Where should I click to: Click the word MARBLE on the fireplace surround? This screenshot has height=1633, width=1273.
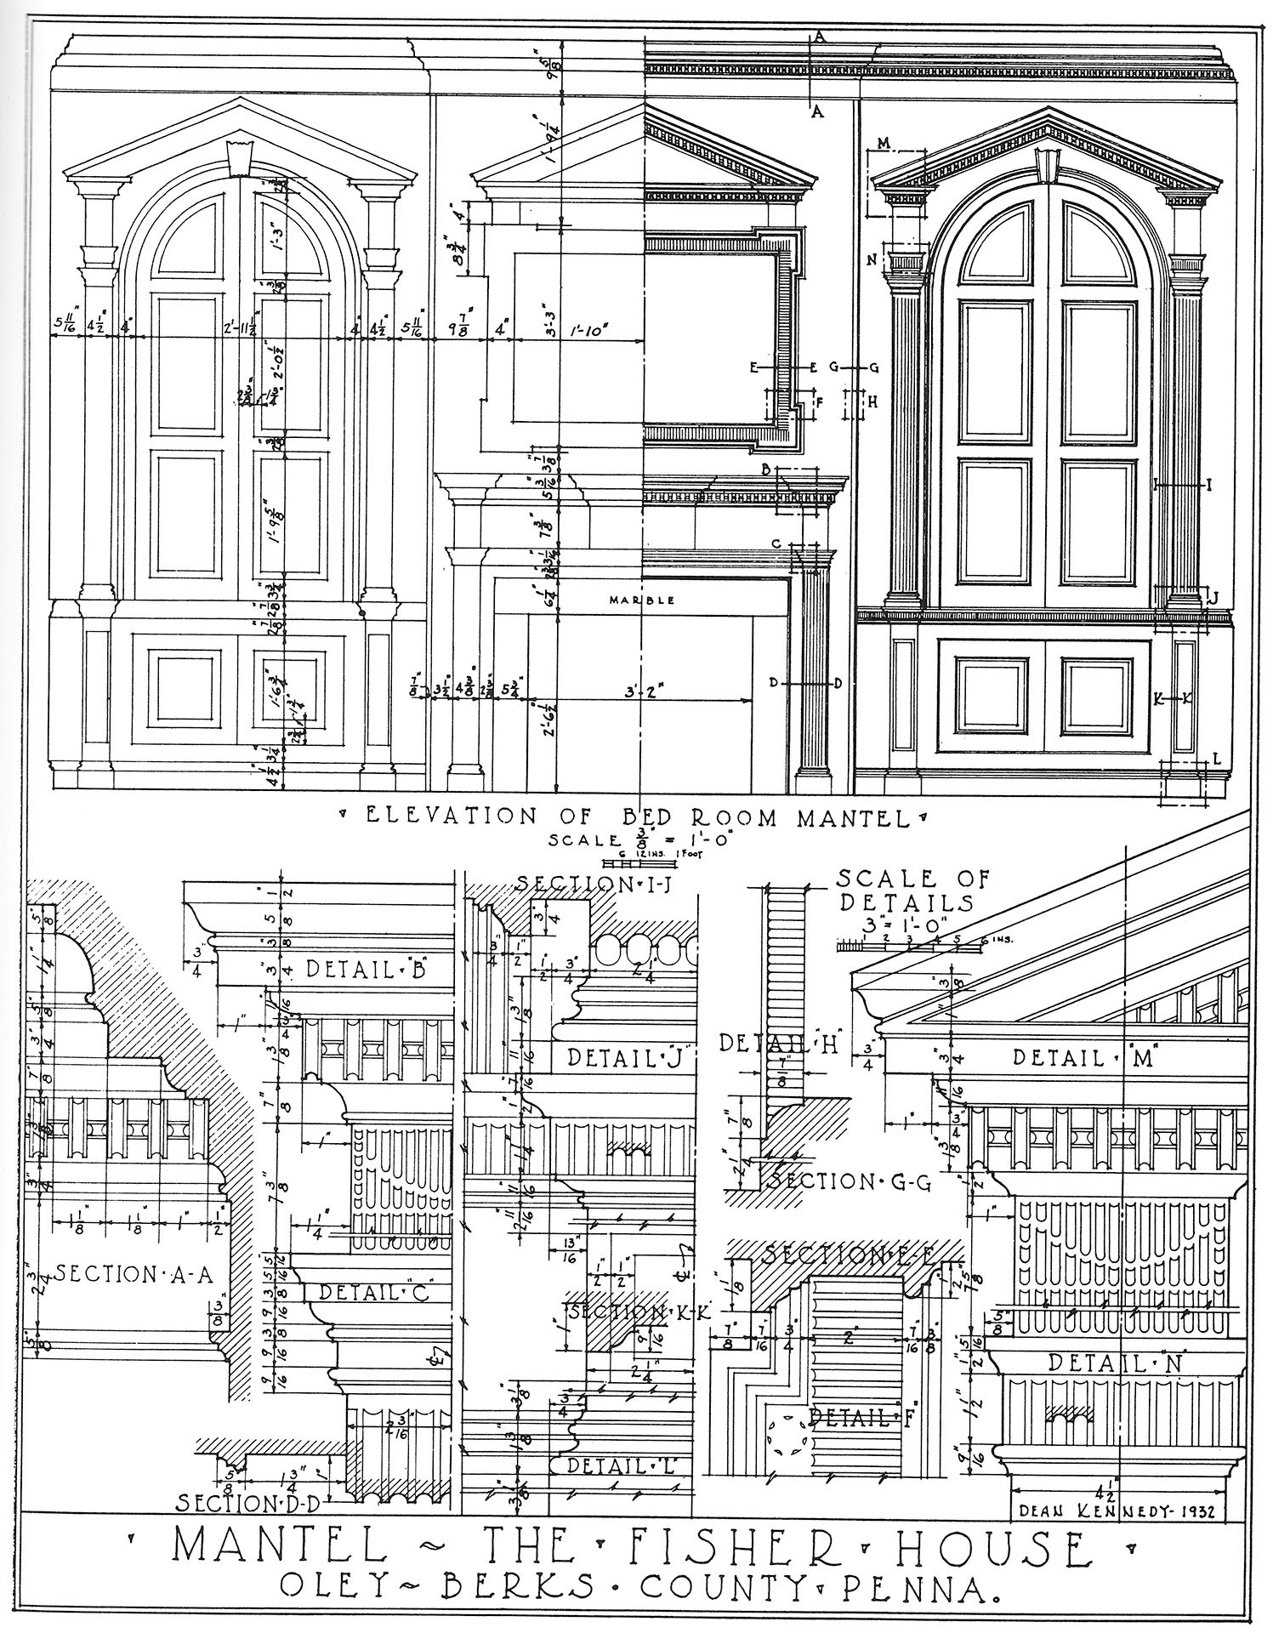pyautogui.click(x=642, y=600)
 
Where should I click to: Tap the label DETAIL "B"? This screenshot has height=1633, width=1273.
pyautogui.click(x=365, y=969)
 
